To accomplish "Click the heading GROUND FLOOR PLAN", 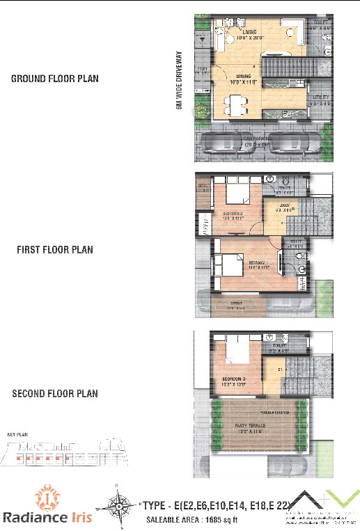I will point(54,79).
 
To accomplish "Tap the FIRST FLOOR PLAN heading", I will point(54,249).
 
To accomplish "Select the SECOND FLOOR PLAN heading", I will point(55,394).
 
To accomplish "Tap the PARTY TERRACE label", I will point(251,427).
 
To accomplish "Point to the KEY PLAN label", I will point(16,434).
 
